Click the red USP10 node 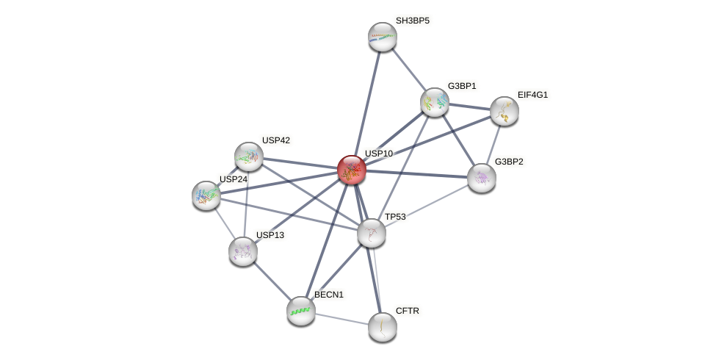[352, 170]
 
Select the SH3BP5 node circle [382, 37]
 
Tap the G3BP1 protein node [435, 102]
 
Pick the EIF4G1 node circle [505, 111]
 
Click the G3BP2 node [482, 178]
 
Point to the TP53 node [372, 233]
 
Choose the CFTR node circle [382, 327]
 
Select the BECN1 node [301, 311]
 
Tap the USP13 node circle [243, 251]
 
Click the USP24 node [206, 195]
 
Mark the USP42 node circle [249, 156]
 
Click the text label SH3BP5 [412, 21]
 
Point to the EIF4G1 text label [532, 95]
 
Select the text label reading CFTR [407, 311]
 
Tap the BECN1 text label [328, 295]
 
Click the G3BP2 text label [509, 162]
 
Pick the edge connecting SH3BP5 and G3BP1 [408, 69]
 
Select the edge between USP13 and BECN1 [272, 281]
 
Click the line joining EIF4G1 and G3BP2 [493, 144]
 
